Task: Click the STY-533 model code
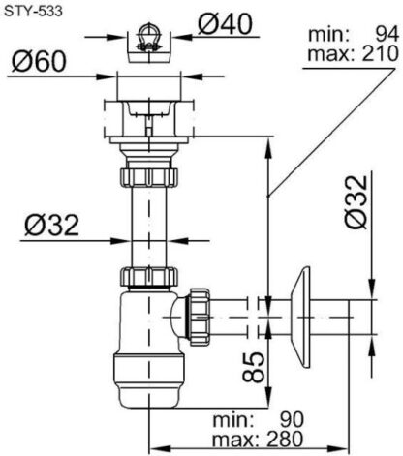pos(33,12)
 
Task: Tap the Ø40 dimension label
pos(225,24)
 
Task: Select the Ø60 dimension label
pos(39,61)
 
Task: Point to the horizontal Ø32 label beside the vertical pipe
pos(52,226)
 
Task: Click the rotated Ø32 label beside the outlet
pos(356,201)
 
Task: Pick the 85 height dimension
pos(254,367)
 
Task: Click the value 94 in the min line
pos(387,35)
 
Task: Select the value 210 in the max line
pos(381,53)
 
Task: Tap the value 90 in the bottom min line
pos(292,420)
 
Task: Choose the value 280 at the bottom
pos(285,439)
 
